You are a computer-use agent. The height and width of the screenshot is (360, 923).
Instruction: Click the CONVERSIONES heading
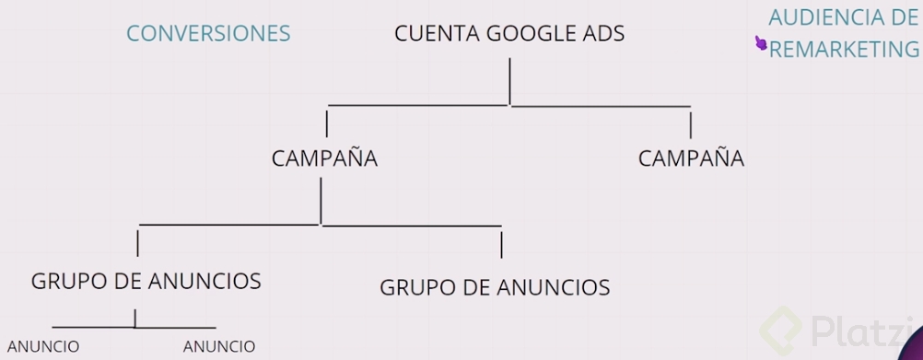[x=208, y=34]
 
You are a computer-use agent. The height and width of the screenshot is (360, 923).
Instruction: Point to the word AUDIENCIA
[x=824, y=17]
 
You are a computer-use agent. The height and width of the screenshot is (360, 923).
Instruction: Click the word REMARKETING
[x=844, y=50]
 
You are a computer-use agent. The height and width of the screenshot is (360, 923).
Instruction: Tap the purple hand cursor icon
[x=761, y=43]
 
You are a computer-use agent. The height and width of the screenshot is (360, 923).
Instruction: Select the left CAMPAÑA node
[x=324, y=158]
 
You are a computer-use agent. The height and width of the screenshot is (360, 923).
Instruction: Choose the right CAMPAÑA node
[x=691, y=158]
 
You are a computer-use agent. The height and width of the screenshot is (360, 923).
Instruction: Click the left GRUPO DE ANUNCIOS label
[x=146, y=281]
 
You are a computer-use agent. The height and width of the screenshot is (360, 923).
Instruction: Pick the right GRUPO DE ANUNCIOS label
[x=495, y=287]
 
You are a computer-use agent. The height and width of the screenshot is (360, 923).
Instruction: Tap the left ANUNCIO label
[x=43, y=346]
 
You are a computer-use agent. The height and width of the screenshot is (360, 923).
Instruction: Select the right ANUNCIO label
[x=219, y=346]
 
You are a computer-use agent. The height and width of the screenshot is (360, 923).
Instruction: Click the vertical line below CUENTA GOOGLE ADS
[x=509, y=81]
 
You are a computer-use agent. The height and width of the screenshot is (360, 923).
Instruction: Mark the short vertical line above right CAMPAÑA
[x=691, y=124]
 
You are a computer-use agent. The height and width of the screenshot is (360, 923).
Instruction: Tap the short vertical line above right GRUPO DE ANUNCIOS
[x=501, y=245]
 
